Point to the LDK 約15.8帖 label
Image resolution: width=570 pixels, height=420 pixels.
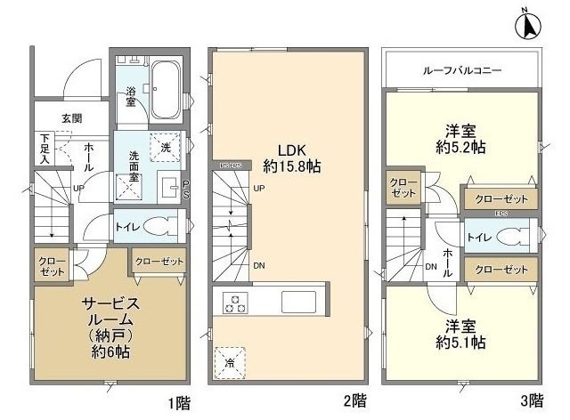tap(292, 157)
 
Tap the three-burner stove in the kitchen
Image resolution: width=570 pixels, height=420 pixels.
tap(234, 303)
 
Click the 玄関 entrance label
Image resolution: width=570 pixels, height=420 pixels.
tap(73, 117)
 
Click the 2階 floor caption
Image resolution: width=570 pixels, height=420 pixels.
tap(352, 401)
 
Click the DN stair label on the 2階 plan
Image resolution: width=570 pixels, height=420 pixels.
tap(259, 265)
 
